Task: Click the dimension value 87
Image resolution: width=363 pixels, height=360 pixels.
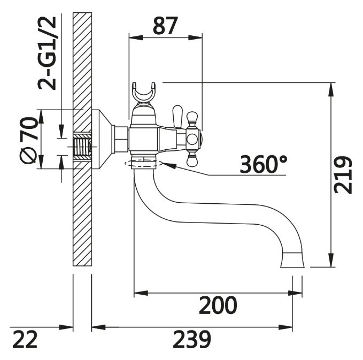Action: (x=165, y=26)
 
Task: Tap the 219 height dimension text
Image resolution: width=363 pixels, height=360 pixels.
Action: (x=343, y=175)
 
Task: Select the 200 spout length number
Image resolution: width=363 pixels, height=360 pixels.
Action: (x=218, y=305)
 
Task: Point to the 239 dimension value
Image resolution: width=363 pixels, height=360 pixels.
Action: (x=192, y=339)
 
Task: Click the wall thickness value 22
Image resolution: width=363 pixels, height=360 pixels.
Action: (x=25, y=339)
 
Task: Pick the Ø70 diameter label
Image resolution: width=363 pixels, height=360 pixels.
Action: (x=28, y=140)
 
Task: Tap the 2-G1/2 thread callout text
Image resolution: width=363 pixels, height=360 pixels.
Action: (x=47, y=53)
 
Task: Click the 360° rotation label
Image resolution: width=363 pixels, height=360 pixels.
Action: (x=263, y=164)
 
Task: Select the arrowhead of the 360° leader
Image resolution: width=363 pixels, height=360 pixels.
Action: (x=169, y=165)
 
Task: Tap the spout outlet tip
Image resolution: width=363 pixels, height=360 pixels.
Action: (x=292, y=260)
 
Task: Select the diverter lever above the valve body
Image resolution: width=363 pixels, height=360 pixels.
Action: (x=177, y=117)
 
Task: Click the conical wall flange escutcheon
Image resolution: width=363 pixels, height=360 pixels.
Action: (x=102, y=140)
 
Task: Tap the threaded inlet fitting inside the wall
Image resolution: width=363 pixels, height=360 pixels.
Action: (x=82, y=147)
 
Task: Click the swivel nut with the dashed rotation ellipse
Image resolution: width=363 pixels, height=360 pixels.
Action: (x=143, y=162)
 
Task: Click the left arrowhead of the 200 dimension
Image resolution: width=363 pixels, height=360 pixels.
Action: (x=141, y=293)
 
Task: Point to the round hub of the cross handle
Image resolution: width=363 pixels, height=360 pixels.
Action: (x=192, y=140)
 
